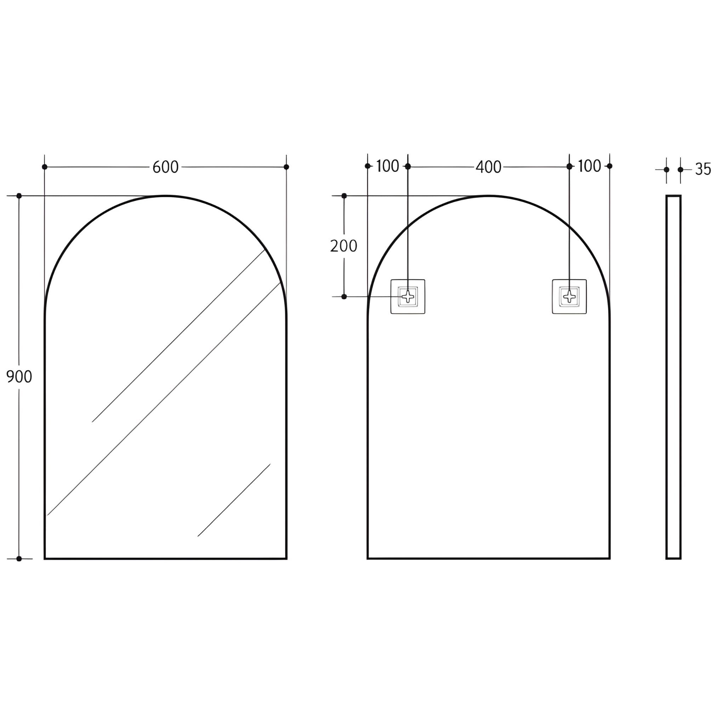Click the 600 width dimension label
(x=165, y=167)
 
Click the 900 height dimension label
(x=19, y=376)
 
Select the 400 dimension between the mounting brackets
(x=488, y=167)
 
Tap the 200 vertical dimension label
(x=343, y=246)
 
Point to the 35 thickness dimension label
(x=703, y=170)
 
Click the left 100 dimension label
(x=387, y=166)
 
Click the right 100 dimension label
(x=589, y=166)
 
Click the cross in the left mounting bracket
(x=408, y=296)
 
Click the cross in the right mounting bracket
(x=569, y=296)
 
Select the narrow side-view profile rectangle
(x=673, y=377)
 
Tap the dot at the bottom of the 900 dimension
(x=19, y=559)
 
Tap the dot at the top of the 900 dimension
(x=19, y=196)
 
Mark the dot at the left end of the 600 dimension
(x=45, y=167)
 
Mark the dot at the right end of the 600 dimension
(x=286, y=167)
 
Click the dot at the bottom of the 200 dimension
(x=344, y=297)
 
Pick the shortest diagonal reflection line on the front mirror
(x=234, y=500)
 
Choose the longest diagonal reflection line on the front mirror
(x=164, y=399)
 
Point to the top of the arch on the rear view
(x=489, y=196)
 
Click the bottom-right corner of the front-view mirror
(x=286, y=558)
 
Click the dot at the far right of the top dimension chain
(x=610, y=166)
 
